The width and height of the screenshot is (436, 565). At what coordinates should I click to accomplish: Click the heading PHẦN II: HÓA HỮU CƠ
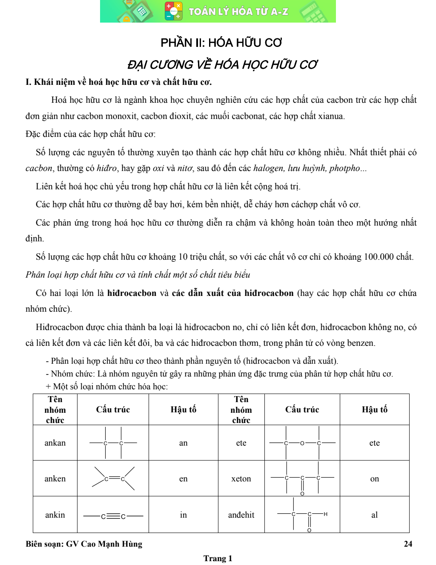click(221, 43)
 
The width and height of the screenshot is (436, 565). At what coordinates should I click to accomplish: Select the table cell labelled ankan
click(55, 443)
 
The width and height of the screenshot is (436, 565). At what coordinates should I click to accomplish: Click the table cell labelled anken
click(55, 478)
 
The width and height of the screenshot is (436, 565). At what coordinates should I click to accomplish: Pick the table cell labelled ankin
click(55, 515)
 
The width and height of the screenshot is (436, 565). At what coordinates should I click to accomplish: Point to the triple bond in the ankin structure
click(113, 516)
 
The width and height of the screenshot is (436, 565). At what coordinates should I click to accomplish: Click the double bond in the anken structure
click(114, 478)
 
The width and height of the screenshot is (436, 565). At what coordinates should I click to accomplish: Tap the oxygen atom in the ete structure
click(302, 443)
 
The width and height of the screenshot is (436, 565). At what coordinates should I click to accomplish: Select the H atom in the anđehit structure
click(325, 514)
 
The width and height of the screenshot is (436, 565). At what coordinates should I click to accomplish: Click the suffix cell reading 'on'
click(374, 478)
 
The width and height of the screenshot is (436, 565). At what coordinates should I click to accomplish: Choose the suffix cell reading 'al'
click(374, 515)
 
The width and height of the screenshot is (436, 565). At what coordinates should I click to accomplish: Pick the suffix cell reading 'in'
click(183, 515)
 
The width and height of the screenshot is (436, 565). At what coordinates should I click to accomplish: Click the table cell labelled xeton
click(241, 478)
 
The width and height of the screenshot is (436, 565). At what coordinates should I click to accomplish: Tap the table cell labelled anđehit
click(241, 515)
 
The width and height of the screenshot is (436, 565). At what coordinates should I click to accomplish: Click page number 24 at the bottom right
click(408, 544)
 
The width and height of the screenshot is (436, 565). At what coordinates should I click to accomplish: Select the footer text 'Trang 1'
click(218, 558)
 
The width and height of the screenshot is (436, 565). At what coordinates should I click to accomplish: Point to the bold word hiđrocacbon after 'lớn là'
click(132, 293)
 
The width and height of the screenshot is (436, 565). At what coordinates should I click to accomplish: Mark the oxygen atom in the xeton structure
click(302, 493)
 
